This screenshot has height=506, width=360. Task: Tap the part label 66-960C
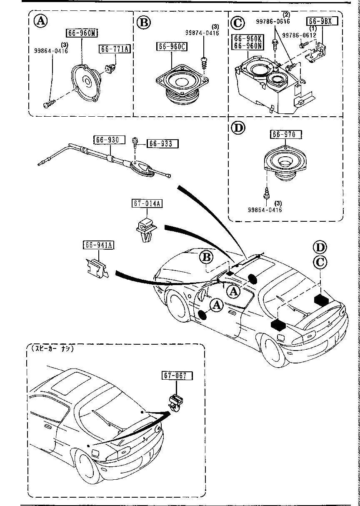click(x=172, y=47)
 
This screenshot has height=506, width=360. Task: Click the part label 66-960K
click(x=247, y=38)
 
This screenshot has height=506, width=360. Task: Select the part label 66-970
click(x=286, y=134)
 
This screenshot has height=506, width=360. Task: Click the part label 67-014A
click(x=148, y=203)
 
